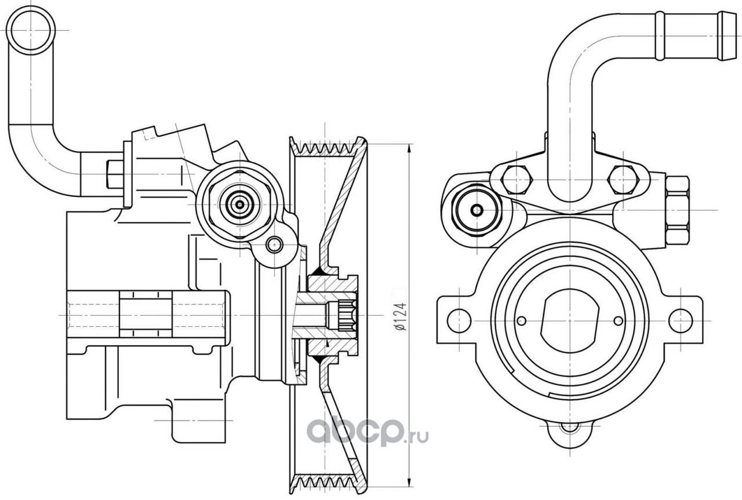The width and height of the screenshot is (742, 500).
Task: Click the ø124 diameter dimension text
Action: [401, 316]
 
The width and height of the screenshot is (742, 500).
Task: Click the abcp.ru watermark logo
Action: [368, 432]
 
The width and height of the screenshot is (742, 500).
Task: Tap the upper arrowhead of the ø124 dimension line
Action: [410, 149]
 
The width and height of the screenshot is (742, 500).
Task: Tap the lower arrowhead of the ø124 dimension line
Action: [410, 482]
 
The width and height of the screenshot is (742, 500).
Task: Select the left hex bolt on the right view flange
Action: [517, 180]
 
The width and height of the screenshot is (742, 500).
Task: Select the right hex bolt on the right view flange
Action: [624, 180]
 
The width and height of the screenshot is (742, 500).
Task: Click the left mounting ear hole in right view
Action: [459, 320]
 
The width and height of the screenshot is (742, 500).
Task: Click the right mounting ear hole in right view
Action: [681, 320]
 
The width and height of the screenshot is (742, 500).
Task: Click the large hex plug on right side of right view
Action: [678, 210]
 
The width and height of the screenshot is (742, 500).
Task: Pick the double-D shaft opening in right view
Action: [570, 320]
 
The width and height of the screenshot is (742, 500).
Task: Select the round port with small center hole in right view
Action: [477, 210]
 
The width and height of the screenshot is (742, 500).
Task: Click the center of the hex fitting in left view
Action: [240, 205]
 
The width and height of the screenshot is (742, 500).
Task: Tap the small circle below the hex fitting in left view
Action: [274, 245]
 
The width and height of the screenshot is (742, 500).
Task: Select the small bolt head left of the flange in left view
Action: [115, 174]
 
